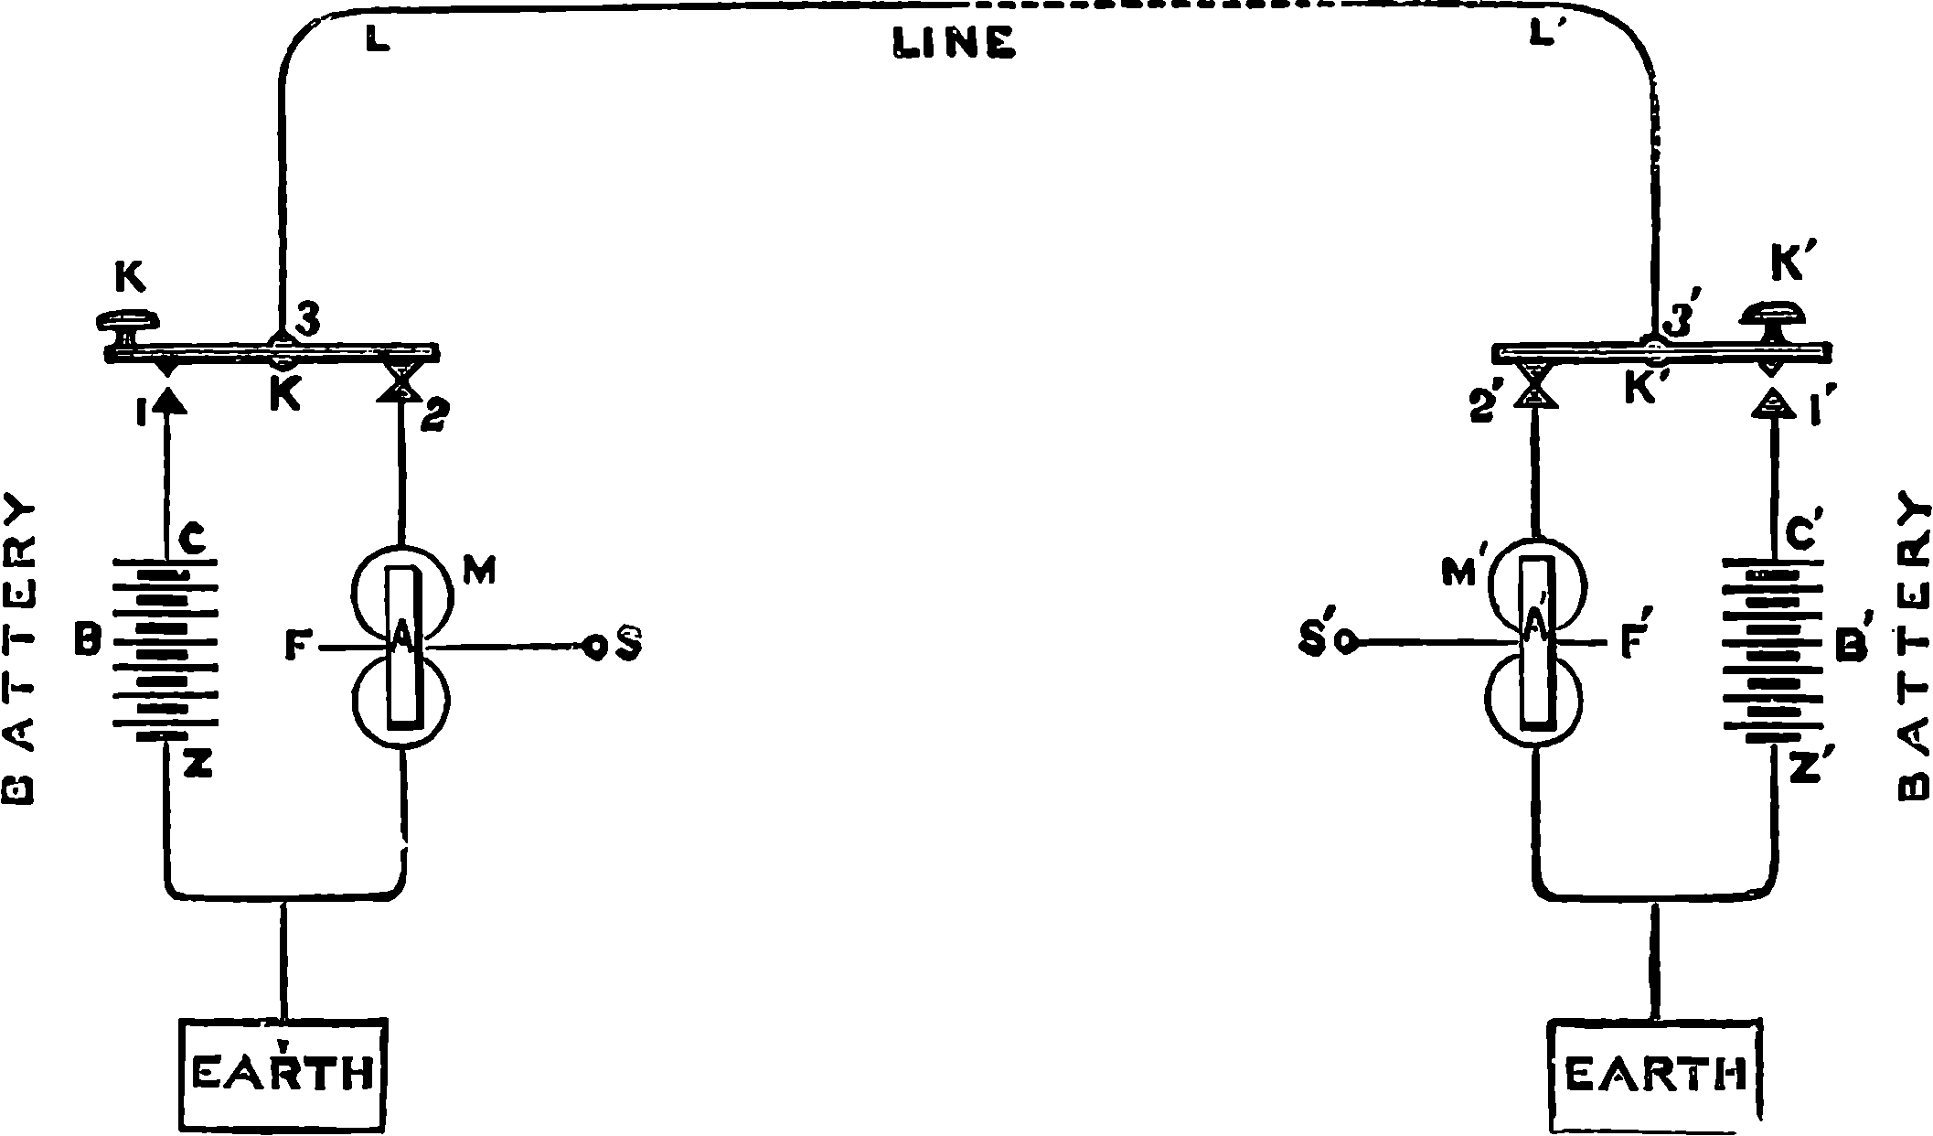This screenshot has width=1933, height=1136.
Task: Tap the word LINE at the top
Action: (x=954, y=43)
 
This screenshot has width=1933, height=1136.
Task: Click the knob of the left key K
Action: (x=128, y=323)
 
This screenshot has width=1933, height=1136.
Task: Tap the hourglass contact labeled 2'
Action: (x=1533, y=385)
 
